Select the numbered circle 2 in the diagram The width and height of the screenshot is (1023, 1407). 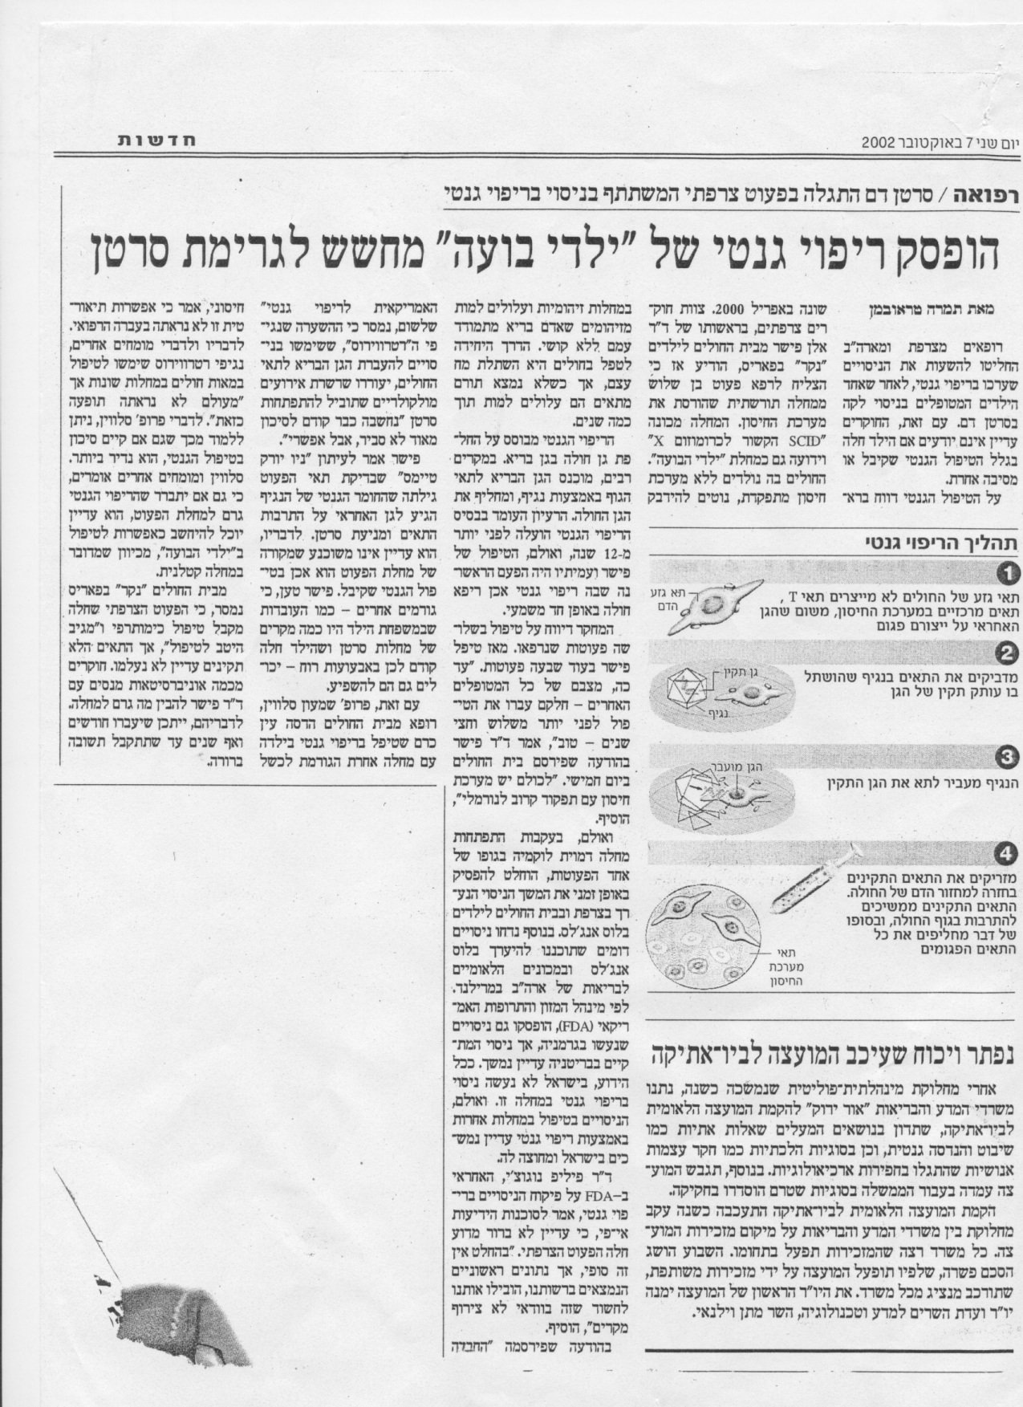point(1005,655)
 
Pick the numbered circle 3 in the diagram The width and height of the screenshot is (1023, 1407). point(1005,756)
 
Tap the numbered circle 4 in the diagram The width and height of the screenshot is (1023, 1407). point(1005,854)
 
